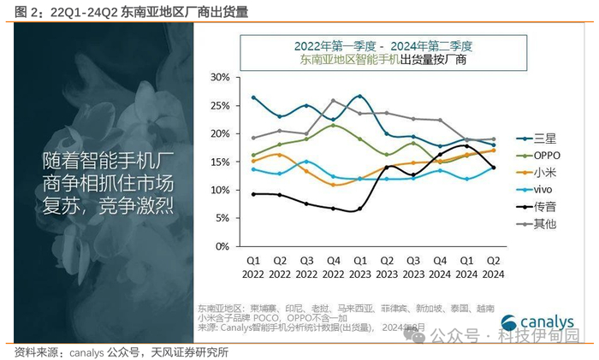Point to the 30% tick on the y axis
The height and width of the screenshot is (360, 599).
click(x=221, y=77)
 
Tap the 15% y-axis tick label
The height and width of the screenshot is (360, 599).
click(x=221, y=162)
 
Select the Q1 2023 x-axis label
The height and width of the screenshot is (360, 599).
click(x=360, y=265)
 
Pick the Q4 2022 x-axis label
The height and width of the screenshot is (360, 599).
click(x=334, y=265)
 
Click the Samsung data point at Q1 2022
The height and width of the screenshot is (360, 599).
click(x=254, y=98)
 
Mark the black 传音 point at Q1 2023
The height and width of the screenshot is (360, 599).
click(x=360, y=209)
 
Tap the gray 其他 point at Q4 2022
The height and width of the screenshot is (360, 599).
click(x=334, y=101)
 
